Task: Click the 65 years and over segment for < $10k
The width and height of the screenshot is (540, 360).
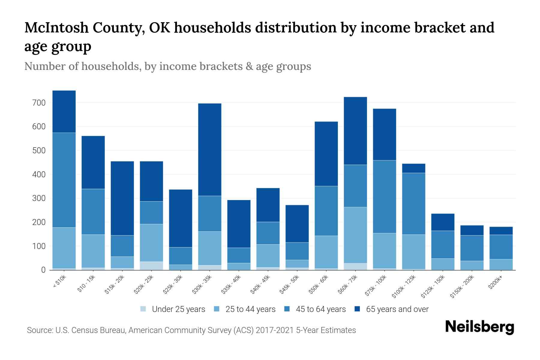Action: pos(64,112)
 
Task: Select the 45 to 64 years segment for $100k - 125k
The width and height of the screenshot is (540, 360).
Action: pos(413,204)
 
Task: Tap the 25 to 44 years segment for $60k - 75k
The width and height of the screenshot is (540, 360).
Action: pos(355,235)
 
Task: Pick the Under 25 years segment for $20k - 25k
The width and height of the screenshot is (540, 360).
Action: pos(151,266)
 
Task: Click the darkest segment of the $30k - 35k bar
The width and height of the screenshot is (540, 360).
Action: pos(210,150)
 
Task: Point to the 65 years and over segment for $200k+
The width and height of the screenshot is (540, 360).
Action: pos(501,231)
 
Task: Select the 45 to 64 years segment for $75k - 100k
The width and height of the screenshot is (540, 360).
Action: pos(384,196)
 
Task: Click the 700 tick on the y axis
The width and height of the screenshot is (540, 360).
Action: pos(39,103)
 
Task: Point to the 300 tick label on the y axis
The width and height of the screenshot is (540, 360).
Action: pos(39,198)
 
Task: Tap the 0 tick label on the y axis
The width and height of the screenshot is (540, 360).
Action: pos(43,270)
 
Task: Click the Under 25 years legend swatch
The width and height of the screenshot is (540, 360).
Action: pos(143,309)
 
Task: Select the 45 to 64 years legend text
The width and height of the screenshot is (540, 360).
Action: pos(321,309)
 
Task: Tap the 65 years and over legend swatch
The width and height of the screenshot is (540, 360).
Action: pos(357,309)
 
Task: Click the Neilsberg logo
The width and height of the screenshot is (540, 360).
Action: pos(479,327)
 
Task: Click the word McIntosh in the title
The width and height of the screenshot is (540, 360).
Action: pos(57,28)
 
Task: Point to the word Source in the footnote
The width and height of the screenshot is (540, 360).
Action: pos(39,330)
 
